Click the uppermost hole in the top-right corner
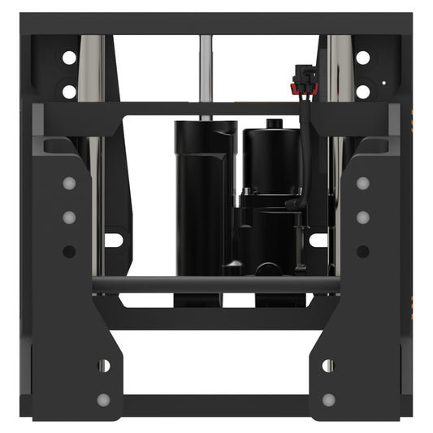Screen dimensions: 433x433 tap(362, 58)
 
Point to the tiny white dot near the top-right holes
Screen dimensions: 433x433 tap(382, 83)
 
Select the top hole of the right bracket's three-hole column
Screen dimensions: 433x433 tap(362, 183)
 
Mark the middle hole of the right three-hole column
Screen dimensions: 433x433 tap(362, 217)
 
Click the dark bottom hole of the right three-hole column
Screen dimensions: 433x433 tap(362, 251)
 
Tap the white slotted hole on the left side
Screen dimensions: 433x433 tap(114, 240)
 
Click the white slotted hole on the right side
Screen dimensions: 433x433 tap(318, 240)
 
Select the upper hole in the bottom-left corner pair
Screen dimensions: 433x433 tap(103, 366)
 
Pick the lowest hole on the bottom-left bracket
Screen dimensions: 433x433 tap(103, 400)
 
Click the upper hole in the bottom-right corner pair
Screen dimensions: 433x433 tap(328, 366)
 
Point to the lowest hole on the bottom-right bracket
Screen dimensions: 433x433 tap(328, 400)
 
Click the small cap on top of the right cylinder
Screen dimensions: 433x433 tap(273, 124)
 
